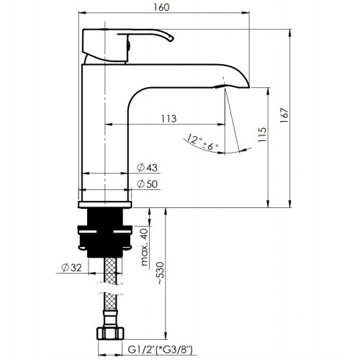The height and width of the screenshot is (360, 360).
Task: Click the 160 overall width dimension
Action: click(161, 7)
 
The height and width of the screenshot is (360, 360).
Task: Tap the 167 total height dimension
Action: click(284, 116)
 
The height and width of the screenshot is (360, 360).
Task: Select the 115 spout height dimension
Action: click(263, 135)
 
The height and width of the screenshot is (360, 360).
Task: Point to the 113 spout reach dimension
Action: click(168, 119)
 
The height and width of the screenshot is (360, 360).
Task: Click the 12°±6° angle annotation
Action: click(202, 143)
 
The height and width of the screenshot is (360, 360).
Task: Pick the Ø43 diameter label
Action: click(147, 167)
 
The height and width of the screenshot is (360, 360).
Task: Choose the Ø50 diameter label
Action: click(147, 184)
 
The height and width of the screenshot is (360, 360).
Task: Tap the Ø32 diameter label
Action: click(71, 267)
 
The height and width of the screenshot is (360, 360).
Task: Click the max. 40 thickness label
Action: click(144, 248)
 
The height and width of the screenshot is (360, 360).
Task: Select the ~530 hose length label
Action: click(161, 274)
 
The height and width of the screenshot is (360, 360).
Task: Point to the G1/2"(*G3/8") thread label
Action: click(160, 350)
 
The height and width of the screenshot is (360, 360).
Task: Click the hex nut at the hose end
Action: click(110, 333)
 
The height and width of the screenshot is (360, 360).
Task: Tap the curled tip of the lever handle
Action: click(171, 38)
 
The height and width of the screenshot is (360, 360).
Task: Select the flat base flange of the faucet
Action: click(105, 204)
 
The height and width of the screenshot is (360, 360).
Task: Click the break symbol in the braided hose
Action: click(109, 289)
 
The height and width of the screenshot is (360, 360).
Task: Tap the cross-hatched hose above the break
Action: click(110, 271)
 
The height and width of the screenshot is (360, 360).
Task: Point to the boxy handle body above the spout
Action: click(105, 45)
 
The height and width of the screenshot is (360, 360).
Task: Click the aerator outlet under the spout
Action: click(220, 86)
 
